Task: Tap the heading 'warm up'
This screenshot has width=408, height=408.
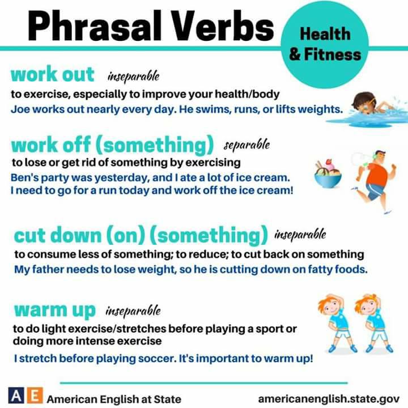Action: (55, 310)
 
